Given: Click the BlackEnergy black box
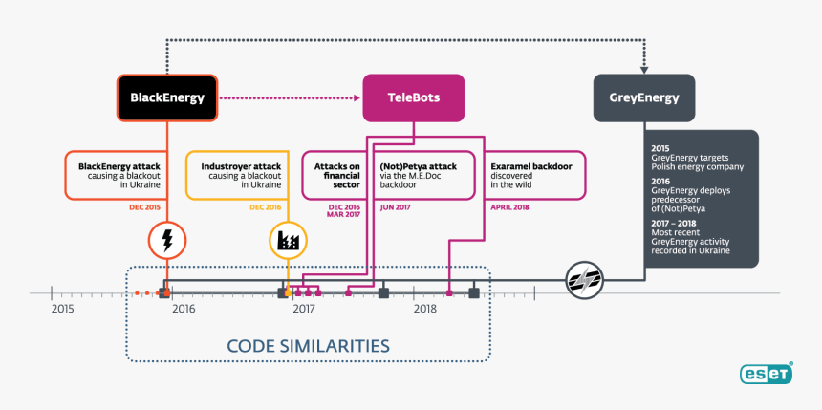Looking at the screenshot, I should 167,97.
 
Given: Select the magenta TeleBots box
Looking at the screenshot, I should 414,97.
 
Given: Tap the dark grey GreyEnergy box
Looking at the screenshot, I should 643,97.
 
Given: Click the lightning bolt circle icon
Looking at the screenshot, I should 168,241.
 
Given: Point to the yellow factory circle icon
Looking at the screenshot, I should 287,241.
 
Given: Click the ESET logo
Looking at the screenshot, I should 765,374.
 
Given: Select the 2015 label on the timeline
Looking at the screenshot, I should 62,310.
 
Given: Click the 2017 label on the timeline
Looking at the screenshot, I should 304,310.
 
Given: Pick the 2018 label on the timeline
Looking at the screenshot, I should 425,310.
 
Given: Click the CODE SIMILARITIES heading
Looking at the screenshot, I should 308,345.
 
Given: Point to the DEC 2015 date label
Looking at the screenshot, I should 145,207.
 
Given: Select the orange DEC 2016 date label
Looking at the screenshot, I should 265,207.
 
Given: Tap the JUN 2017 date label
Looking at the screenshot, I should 395,207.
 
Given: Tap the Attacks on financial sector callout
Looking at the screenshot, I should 335,175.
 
